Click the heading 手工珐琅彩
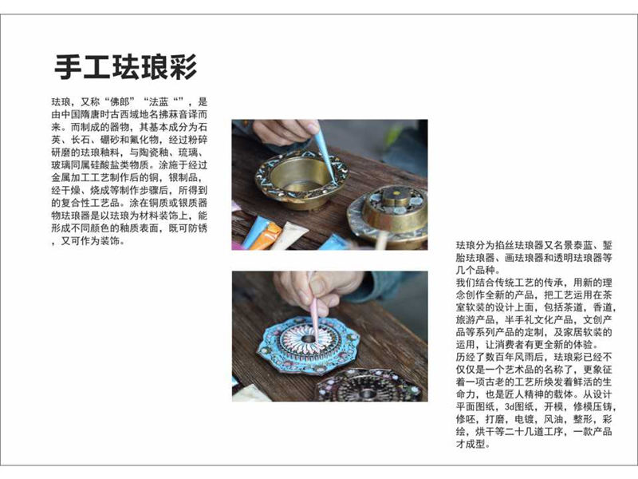click(125, 66)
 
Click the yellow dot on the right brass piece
click(396, 195)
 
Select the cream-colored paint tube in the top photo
click(290, 236)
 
